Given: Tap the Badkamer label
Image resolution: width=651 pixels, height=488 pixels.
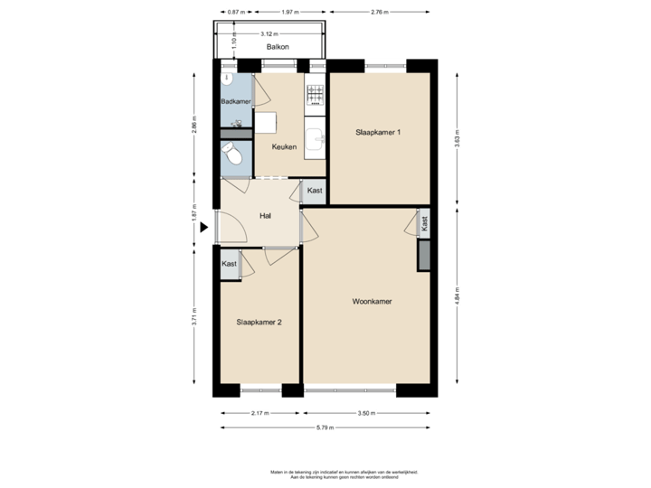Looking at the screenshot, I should point(236,101).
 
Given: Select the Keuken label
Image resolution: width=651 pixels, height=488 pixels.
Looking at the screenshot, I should point(284,146).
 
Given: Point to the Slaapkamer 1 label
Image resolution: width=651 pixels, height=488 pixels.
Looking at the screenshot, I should point(378,132).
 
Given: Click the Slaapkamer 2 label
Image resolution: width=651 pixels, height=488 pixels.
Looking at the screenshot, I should point(259,321).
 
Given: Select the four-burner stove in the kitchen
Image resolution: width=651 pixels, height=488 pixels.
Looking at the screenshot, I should point(315,94).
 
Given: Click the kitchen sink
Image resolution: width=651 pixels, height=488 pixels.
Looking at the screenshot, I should point(315,138).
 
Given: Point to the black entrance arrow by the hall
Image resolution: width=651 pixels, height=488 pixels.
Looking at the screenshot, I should point(203,228).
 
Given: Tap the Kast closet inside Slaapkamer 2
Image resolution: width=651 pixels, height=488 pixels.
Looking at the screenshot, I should point(230,264).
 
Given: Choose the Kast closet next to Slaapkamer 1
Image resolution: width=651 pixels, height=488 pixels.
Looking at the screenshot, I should point(314,191).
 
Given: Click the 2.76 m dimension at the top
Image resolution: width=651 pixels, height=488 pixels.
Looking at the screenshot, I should point(381,12).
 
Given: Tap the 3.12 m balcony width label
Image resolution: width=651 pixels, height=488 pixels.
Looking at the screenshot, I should point(268,33).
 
